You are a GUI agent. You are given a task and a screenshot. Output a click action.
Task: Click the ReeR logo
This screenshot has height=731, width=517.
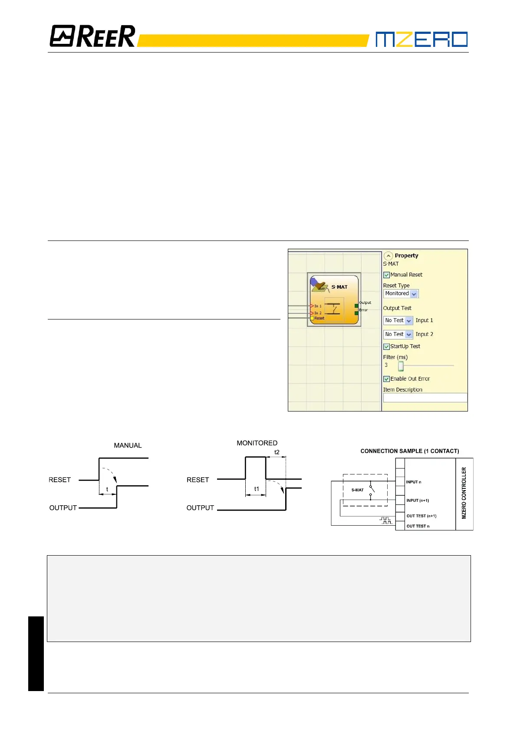(92, 36)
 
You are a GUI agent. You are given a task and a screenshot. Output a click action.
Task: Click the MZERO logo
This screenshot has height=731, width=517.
(421, 39)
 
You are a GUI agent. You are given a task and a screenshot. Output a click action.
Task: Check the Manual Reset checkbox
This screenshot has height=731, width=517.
(386, 275)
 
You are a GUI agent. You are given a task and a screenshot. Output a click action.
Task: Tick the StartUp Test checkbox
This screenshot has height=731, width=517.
(386, 346)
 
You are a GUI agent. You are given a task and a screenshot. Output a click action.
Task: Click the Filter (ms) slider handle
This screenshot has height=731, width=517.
(401, 366)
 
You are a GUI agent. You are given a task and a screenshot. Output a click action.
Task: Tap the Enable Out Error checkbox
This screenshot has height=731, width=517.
(386, 379)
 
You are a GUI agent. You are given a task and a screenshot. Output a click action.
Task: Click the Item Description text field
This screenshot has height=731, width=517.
(425, 398)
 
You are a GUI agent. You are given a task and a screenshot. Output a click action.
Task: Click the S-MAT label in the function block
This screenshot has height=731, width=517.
(339, 287)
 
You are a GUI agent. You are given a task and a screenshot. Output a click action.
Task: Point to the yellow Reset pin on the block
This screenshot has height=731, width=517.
(312, 318)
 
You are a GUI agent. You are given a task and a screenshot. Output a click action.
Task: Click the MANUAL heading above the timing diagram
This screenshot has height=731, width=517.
(128, 445)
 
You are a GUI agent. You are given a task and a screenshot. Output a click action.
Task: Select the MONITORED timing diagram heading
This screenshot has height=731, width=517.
(257, 443)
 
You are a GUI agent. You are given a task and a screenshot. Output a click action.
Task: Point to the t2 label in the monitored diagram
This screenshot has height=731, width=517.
(277, 452)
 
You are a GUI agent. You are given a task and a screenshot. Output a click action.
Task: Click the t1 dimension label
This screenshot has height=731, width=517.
(257, 489)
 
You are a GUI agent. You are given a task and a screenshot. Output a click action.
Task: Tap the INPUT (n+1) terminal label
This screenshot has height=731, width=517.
(418, 501)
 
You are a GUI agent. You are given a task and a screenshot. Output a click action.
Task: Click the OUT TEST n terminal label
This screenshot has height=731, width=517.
(418, 526)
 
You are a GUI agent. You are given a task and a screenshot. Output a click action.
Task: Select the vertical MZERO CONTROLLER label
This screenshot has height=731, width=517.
(464, 493)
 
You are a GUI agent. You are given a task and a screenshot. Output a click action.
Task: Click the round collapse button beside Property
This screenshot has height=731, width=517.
(389, 256)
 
